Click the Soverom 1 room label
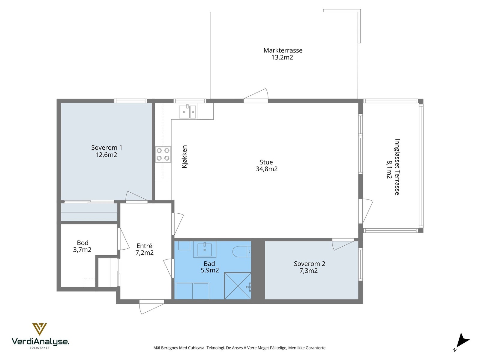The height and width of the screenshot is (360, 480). coord(106,151)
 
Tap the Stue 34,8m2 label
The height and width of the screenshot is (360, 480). coord(267,166)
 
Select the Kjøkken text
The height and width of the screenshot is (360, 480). coord(184,157)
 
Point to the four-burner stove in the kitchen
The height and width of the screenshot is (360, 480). coord(163,154)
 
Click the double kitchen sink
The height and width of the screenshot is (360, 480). coord(187,112)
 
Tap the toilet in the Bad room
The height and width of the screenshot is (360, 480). coord(242,252)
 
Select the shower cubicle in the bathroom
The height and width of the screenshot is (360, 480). coord(238,286)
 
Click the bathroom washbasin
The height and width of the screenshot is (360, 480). coord(205,249)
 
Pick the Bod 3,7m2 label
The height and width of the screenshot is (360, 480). coord(82,246)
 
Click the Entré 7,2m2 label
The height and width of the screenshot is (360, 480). coord(144,249)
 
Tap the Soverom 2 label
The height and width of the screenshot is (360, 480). coord(309,267)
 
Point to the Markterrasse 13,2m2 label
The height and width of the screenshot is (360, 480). coord(283,54)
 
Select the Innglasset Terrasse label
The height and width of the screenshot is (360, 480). coord(393,166)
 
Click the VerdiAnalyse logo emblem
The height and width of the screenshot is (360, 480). coord(39,329)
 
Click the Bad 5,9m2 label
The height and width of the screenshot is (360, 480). coord(210,267)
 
